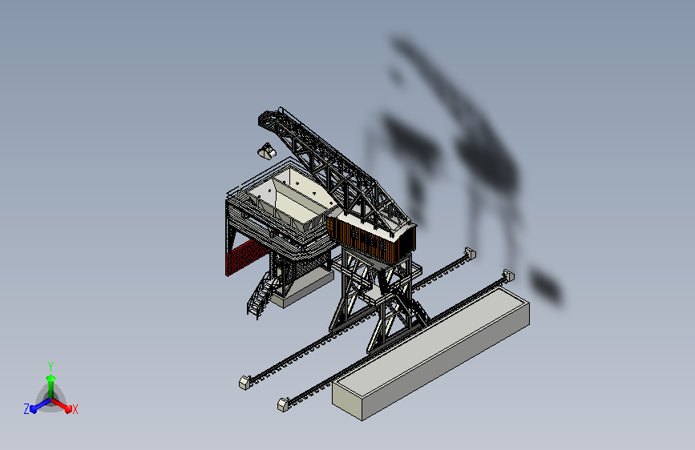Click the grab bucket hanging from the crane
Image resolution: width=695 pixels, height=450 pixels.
[x=267, y=151]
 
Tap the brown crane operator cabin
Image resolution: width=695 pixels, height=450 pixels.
[x=371, y=239]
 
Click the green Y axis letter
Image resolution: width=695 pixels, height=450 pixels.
[x=51, y=366]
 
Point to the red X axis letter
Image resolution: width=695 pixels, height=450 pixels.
[x=75, y=410]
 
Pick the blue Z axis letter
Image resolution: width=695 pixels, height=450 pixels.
[x=26, y=409]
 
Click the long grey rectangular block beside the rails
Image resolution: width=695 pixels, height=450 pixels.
[x=430, y=353]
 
